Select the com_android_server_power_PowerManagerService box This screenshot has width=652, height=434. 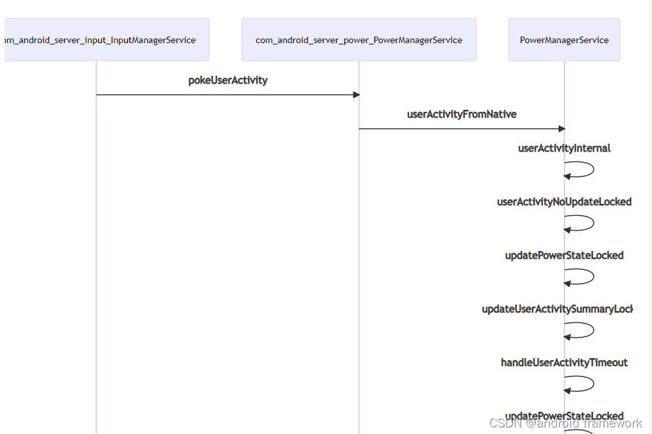click(x=359, y=40)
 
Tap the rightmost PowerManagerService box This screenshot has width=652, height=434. click(x=564, y=40)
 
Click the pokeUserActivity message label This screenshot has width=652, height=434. click(x=228, y=80)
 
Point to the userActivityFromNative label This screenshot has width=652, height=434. click(x=462, y=114)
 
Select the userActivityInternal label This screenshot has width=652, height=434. click(x=564, y=148)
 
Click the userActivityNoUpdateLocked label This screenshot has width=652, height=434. click(x=564, y=202)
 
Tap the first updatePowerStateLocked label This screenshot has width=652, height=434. click(x=564, y=256)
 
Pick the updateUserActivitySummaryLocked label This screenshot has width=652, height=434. click(x=557, y=309)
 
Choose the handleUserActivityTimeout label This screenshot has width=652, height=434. click(x=564, y=363)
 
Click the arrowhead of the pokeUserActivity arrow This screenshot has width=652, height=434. click(x=356, y=95)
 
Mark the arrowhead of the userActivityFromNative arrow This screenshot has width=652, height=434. click(x=561, y=129)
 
